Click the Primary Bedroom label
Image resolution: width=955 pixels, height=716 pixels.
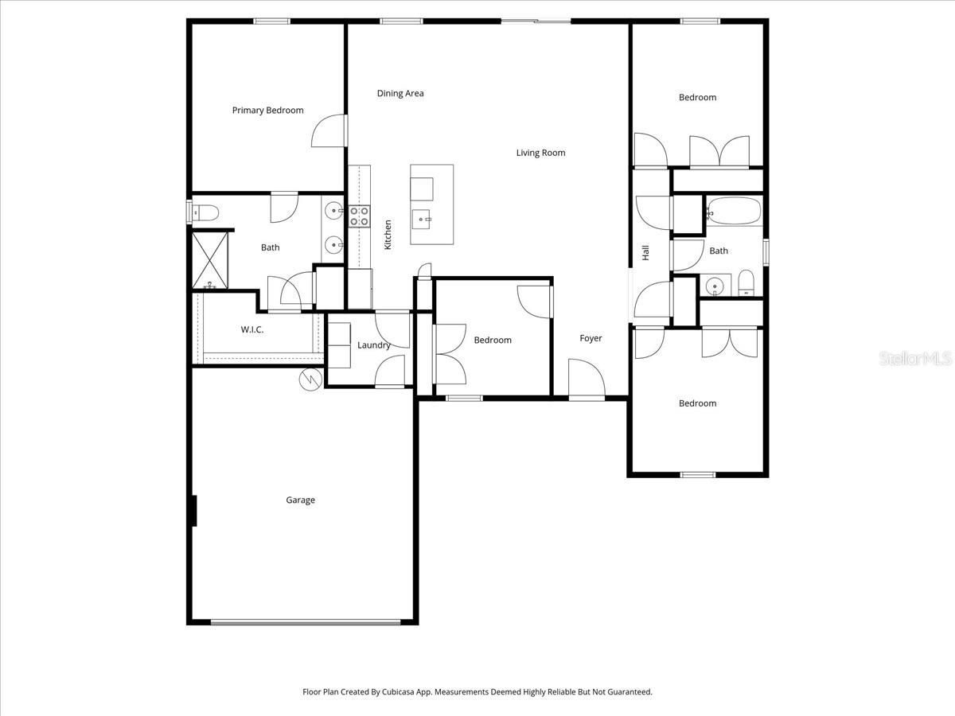pos(267,111)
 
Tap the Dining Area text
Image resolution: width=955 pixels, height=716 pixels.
pos(400,93)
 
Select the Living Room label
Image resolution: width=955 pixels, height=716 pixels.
pos(540,153)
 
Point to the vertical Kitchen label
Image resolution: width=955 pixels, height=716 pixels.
pos(388,235)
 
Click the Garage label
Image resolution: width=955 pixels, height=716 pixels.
pos(300,500)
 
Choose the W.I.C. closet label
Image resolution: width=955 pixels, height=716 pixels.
pos(252,329)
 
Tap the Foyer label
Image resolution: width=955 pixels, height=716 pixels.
pos(591,339)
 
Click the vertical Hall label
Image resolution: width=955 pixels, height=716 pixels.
pos(645,252)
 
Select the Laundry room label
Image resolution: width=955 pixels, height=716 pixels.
pos(373,345)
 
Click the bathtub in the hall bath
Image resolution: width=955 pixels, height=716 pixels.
pos(733,212)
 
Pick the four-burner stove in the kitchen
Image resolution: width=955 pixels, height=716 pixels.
pos(359,216)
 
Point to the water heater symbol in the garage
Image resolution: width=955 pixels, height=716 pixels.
pos(309,379)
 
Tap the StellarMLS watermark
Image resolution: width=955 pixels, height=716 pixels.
pos(914,360)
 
